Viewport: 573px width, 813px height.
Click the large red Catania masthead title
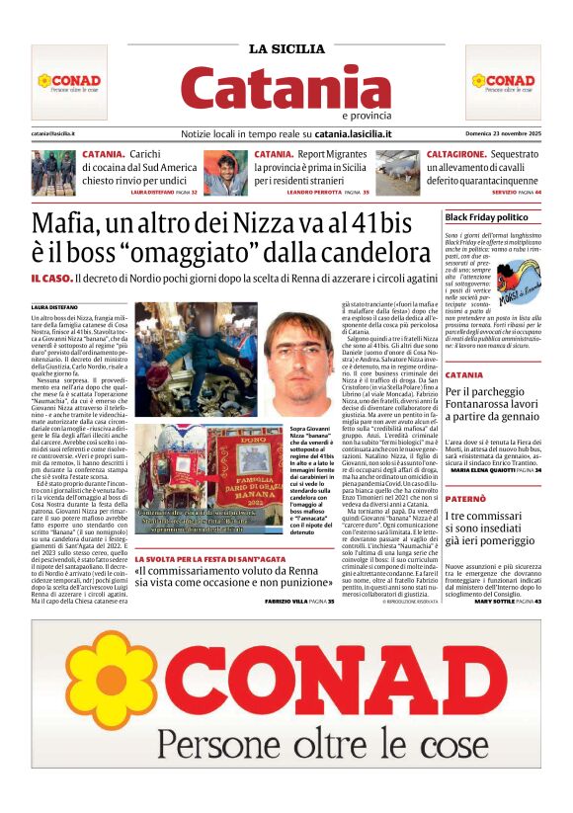pyautogui.click(x=286, y=87)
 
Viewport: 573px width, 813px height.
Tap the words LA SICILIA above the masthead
pyautogui.click(x=286, y=48)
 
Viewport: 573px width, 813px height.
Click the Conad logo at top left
pyautogui.click(x=69, y=81)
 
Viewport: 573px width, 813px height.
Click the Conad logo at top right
pyautogui.click(x=502, y=81)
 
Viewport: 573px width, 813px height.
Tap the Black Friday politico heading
pyautogui.click(x=486, y=216)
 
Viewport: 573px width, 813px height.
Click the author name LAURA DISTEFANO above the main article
pyautogui.click(x=53, y=305)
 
